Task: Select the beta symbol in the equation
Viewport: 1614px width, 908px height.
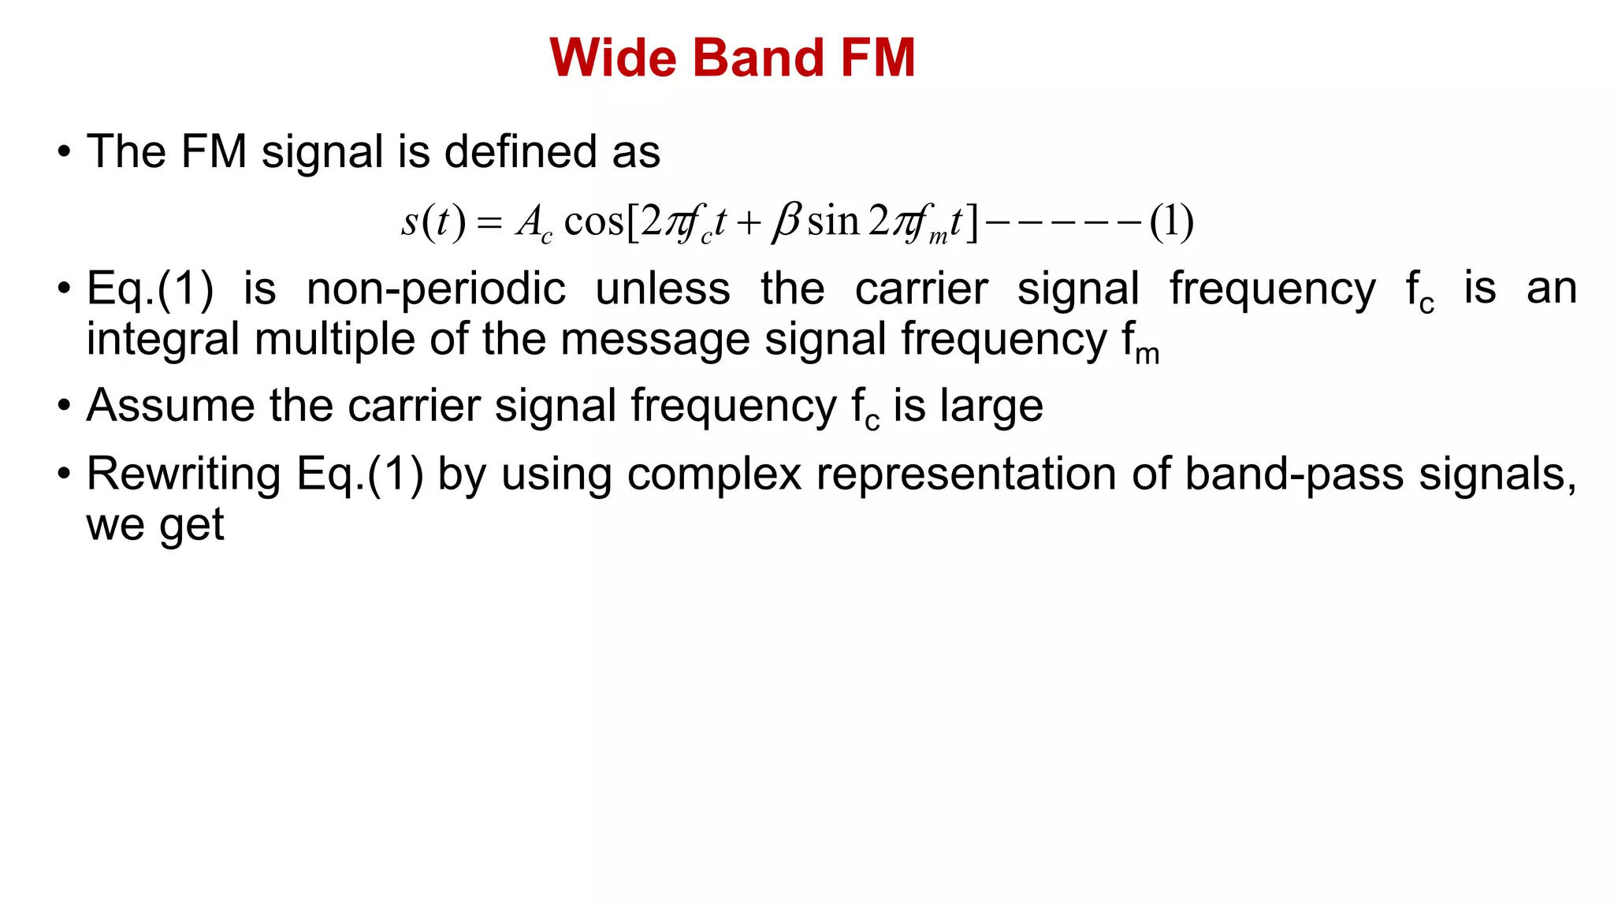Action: [787, 221]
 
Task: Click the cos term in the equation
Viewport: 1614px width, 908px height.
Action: [593, 221]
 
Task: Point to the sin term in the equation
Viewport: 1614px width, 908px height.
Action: [833, 221]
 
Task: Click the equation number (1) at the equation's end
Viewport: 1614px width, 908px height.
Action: [1171, 221]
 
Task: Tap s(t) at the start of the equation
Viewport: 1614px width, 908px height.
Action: [433, 221]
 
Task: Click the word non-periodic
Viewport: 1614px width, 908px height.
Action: [436, 288]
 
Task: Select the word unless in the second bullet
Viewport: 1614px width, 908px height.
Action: [663, 288]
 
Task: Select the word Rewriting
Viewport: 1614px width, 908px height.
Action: [184, 474]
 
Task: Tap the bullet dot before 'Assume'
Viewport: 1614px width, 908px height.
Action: [65, 407]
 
